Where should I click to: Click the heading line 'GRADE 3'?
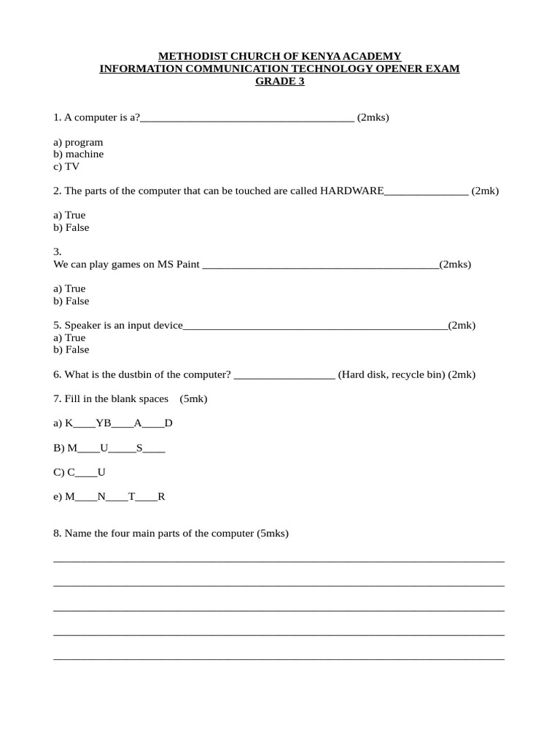pyautogui.click(x=279, y=81)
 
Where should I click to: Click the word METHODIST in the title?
pyautogui.click(x=191, y=56)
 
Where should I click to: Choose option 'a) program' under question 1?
pyautogui.click(x=78, y=142)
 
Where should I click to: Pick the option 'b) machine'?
pyautogui.click(x=78, y=154)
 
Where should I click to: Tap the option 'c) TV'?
pyautogui.click(x=66, y=166)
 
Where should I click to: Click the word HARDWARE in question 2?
pyautogui.click(x=351, y=191)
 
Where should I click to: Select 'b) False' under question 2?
pyautogui.click(x=71, y=227)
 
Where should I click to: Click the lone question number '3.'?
pyautogui.click(x=58, y=251)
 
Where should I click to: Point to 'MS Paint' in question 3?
pyautogui.click(x=178, y=264)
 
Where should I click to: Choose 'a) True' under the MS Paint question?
pyautogui.click(x=69, y=288)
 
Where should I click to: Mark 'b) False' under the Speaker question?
pyautogui.click(x=71, y=350)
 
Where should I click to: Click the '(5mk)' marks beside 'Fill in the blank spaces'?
pyautogui.click(x=193, y=398)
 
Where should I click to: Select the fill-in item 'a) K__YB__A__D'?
pyautogui.click(x=113, y=423)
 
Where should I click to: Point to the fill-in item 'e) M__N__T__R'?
pyautogui.click(x=109, y=497)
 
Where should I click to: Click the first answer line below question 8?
pyautogui.click(x=279, y=560)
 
